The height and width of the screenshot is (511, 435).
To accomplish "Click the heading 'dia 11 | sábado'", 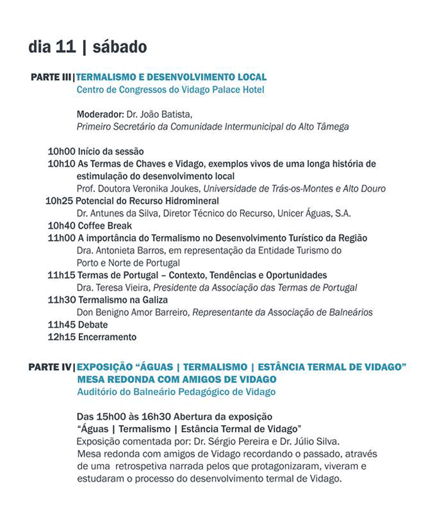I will [x=88, y=47].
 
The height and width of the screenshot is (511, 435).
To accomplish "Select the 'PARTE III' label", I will [x=50, y=78].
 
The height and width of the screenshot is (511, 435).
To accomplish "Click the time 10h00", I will [x=61, y=151].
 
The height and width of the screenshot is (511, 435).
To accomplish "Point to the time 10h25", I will [x=59, y=201].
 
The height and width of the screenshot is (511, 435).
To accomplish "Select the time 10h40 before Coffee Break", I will [x=61, y=226].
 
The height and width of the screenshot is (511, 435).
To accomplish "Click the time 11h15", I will [x=61, y=275].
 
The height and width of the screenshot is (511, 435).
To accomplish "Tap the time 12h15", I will [x=61, y=337].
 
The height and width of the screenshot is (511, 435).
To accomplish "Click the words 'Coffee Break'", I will [x=105, y=226].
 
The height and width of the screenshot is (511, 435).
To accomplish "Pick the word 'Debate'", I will [x=93, y=325].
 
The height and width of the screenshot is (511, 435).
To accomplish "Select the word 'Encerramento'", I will [x=107, y=337].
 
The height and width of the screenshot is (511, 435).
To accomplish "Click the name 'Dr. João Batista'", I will [x=158, y=114].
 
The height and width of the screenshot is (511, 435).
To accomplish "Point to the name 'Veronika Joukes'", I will [x=167, y=188].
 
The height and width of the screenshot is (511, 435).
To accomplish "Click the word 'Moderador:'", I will [x=99, y=114].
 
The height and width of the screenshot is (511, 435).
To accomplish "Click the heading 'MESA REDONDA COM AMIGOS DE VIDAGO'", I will [x=177, y=379].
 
